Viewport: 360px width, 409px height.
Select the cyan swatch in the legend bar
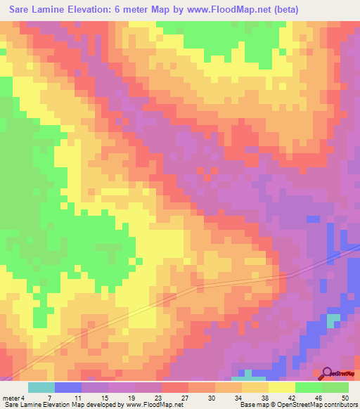[41, 387]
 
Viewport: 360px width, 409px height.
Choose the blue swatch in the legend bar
[68, 387]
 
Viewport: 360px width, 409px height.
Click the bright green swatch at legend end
[335, 387]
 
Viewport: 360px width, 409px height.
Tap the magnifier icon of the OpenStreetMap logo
[328, 373]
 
